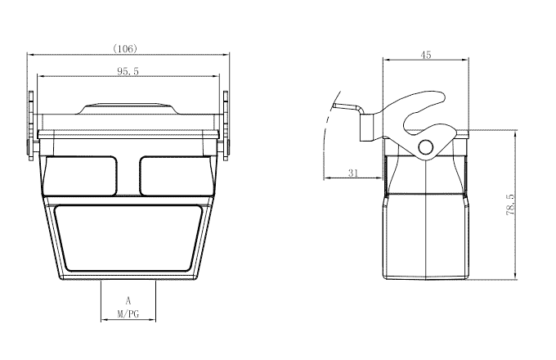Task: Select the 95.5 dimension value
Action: [x=128, y=72]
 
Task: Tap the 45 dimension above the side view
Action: [x=425, y=54]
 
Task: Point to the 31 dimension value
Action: [x=353, y=173]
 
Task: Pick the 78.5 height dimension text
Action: [x=510, y=205]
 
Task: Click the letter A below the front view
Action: [x=128, y=300]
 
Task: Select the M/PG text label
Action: [x=128, y=314]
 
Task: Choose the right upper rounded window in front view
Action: [x=173, y=175]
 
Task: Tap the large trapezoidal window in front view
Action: [x=128, y=238]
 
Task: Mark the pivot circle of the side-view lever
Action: [x=426, y=147]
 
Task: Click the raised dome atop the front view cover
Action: [x=128, y=107]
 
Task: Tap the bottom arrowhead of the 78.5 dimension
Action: [x=516, y=276]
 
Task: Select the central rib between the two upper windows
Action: [x=128, y=175]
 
